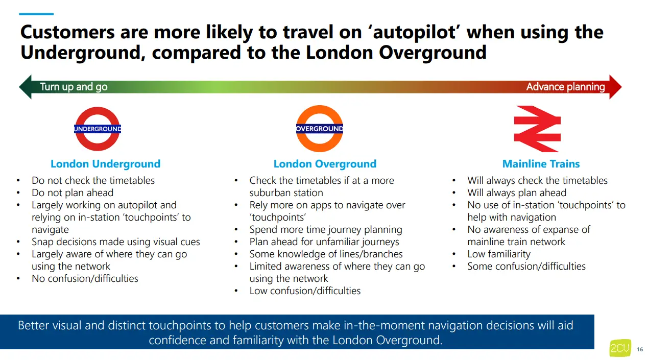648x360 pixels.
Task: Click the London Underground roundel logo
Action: point(98,129)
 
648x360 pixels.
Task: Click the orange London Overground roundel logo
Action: point(320,129)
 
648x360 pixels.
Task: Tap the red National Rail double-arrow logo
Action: point(537,129)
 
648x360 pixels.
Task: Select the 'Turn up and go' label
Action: point(74,87)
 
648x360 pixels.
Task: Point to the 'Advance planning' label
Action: point(565,87)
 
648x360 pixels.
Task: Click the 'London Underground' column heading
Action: point(105,164)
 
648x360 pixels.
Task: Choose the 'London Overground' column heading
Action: point(325,164)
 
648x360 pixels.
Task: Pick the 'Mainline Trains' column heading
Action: point(541,164)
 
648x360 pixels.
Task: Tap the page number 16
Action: point(640,349)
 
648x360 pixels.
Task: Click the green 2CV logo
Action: point(620,348)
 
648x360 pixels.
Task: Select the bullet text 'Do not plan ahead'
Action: point(73,193)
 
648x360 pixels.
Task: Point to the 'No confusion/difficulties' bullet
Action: point(85,278)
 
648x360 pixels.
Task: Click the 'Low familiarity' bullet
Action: point(498,254)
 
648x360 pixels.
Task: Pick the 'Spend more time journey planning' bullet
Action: point(326,229)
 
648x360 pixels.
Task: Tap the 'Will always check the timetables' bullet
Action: point(537,180)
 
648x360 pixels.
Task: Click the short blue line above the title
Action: point(37,14)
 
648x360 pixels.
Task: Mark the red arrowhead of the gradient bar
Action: point(615,87)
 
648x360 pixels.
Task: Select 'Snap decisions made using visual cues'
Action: point(116,242)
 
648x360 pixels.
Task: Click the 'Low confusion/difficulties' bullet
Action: point(305,291)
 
